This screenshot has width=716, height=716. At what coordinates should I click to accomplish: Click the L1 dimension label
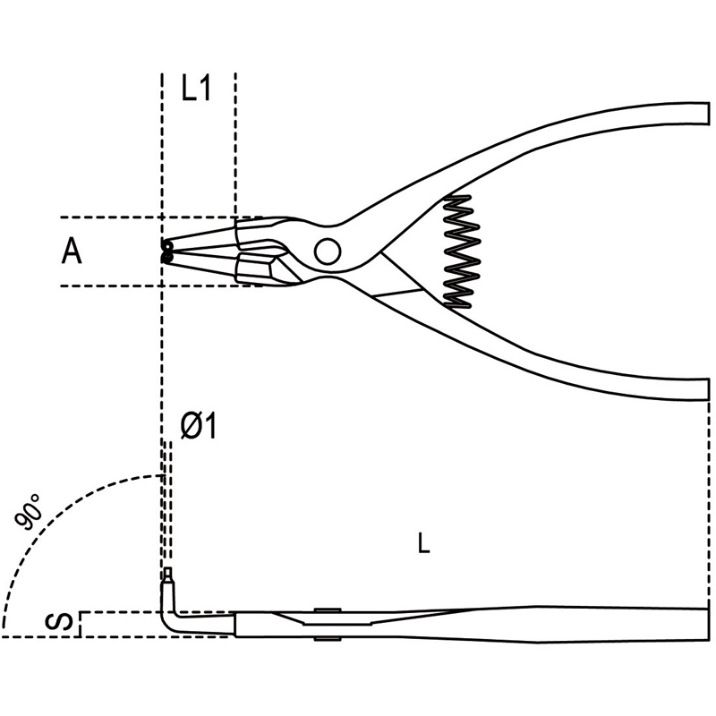click(x=196, y=88)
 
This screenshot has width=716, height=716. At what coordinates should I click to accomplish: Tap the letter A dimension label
click(x=72, y=251)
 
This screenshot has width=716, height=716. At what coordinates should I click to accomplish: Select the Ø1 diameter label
click(x=198, y=426)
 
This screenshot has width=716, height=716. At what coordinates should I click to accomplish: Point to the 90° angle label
click(x=28, y=512)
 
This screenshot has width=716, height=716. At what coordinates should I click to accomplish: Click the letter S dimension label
click(x=59, y=622)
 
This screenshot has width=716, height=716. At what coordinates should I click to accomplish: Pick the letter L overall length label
click(x=423, y=543)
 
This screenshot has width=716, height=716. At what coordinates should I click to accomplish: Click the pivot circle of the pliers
click(x=328, y=251)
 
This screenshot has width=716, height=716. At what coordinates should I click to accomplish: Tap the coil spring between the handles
click(x=462, y=252)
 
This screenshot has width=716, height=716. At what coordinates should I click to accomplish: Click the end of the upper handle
click(x=708, y=114)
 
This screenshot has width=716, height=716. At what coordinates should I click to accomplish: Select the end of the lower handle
click(x=708, y=389)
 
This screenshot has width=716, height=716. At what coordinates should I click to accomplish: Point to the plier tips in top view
click(x=167, y=251)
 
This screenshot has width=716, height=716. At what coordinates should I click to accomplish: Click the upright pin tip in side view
click(x=169, y=574)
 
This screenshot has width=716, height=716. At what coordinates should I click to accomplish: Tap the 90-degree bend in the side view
click(x=169, y=620)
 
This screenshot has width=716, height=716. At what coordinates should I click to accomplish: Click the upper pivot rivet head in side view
click(x=328, y=610)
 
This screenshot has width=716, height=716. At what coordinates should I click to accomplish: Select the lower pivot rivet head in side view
click(x=328, y=639)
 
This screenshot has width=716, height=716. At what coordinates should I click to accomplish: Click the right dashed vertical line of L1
click(x=235, y=145)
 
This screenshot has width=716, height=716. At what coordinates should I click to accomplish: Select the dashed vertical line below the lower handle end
click(x=710, y=505)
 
